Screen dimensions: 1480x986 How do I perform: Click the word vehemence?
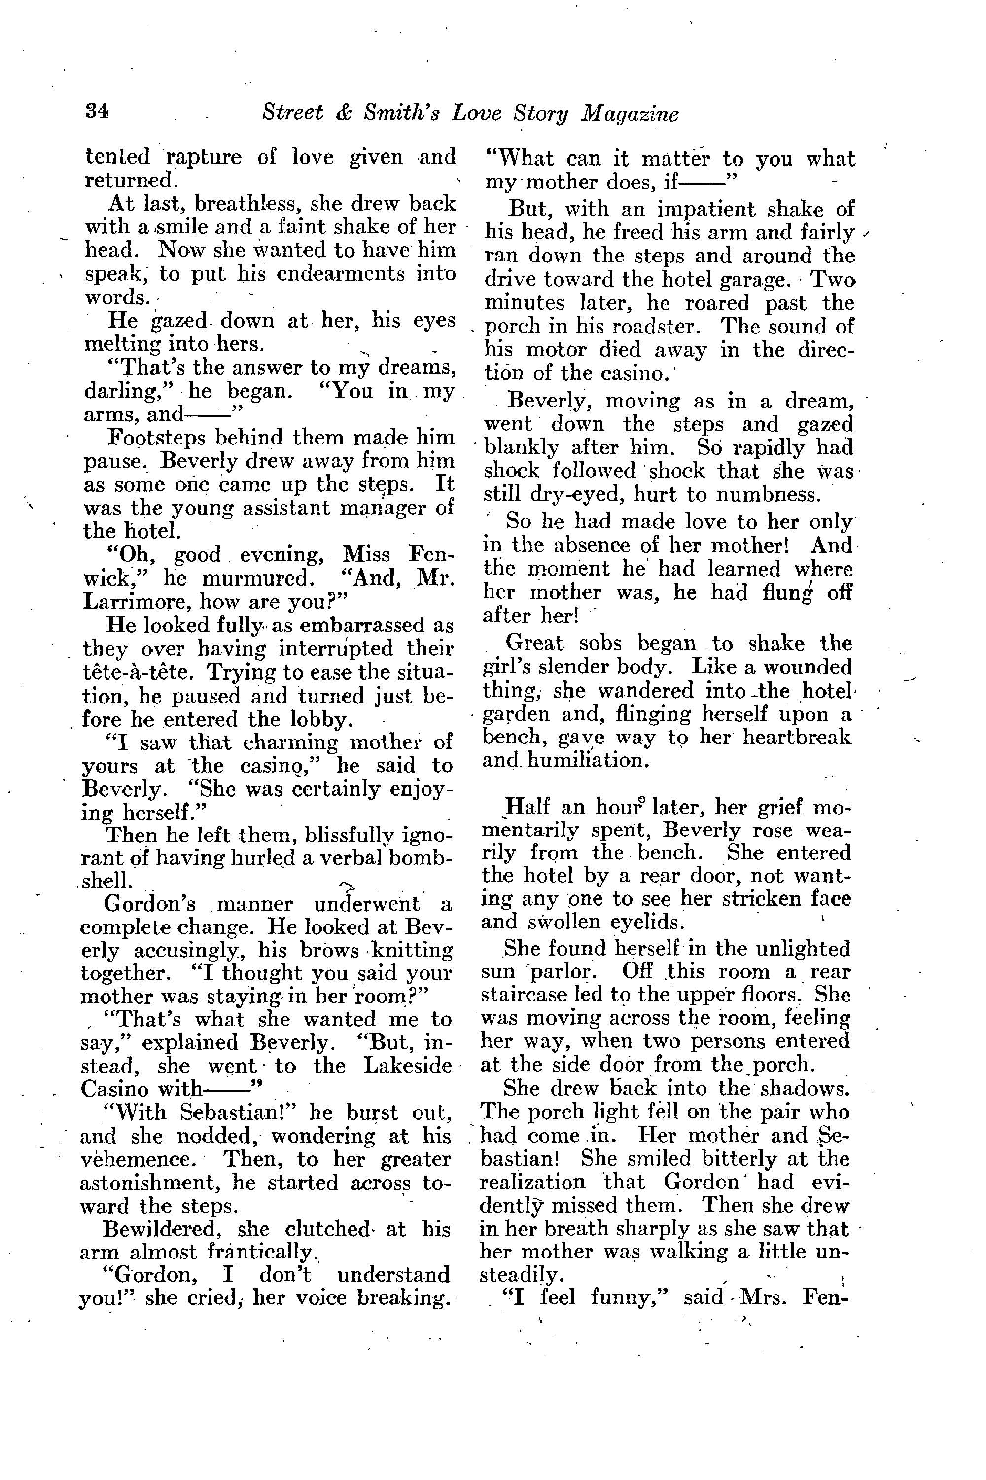coord(139,1159)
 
